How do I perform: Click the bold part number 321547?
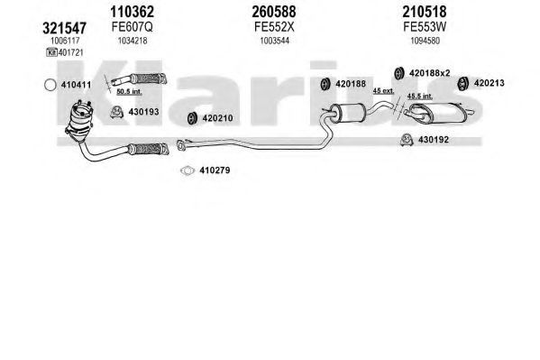click(x=64, y=28)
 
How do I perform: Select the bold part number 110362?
click(x=132, y=12)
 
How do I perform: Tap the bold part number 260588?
click(x=274, y=12)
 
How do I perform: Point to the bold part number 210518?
click(x=425, y=12)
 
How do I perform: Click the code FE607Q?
click(x=132, y=26)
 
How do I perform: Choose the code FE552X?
click(x=274, y=26)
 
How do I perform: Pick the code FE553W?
click(x=425, y=26)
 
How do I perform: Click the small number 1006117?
click(x=65, y=41)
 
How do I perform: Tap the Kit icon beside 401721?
click(x=51, y=52)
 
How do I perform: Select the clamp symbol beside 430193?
click(x=117, y=112)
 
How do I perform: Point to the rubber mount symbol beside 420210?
click(x=191, y=118)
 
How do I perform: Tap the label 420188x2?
click(x=429, y=73)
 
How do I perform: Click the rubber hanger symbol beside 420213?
click(x=462, y=83)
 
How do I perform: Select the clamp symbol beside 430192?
click(x=407, y=140)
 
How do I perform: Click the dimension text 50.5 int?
click(x=129, y=92)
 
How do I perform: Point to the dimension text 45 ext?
click(x=383, y=91)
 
